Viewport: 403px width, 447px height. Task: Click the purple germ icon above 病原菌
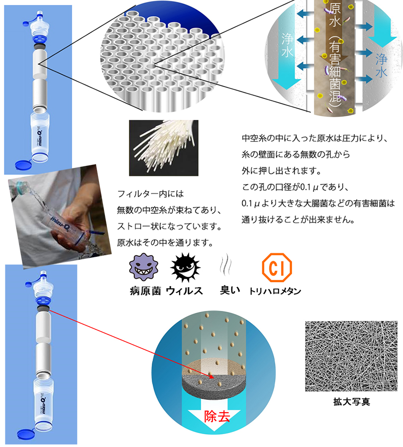[144, 267]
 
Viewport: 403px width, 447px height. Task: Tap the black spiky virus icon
[185, 267]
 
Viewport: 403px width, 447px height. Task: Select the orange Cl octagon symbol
[277, 267]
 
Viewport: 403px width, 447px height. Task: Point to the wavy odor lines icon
[226, 264]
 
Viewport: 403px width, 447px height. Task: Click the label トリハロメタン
[275, 291]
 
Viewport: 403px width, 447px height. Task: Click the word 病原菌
[145, 291]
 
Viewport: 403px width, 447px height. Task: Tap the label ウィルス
[184, 291]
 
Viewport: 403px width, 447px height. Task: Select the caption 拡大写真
[352, 402]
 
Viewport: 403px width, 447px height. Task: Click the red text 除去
[217, 417]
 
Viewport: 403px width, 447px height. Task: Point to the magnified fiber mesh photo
[351, 356]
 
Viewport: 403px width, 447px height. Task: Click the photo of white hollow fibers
[164, 148]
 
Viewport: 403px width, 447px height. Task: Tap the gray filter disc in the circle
[213, 387]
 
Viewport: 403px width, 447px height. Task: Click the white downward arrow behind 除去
[214, 415]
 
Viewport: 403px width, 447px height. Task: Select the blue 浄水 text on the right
[381, 65]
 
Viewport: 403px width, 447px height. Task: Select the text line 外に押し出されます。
[282, 171]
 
